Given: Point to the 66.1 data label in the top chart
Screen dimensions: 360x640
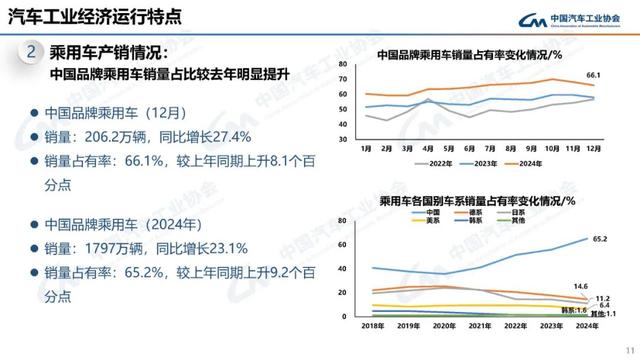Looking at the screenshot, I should coord(592,75).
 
